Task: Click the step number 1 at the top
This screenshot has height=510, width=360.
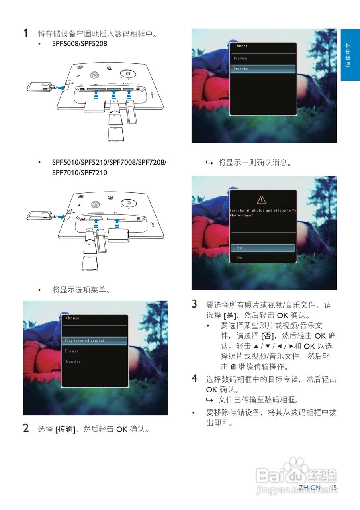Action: [25, 33]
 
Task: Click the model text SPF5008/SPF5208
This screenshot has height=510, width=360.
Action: [80, 44]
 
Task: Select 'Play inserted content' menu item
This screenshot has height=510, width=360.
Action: [84, 341]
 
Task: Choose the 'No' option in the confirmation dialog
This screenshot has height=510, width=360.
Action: [240, 258]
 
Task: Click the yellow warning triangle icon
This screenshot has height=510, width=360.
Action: [261, 200]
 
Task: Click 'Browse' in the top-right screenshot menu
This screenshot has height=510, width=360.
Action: [241, 58]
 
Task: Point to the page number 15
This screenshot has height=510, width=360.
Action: [333, 488]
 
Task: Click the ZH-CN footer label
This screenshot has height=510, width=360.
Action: [309, 488]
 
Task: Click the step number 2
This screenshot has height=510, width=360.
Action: [26, 429]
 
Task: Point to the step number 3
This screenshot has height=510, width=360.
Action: [194, 304]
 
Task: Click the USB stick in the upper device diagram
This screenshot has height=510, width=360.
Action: [40, 86]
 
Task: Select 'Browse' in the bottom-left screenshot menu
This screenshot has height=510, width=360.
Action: [72, 351]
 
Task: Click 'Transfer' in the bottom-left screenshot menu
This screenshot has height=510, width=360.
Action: [73, 361]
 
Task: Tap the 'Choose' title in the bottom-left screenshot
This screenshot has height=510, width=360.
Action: [72, 318]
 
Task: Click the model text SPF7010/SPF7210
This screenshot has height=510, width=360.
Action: [80, 173]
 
